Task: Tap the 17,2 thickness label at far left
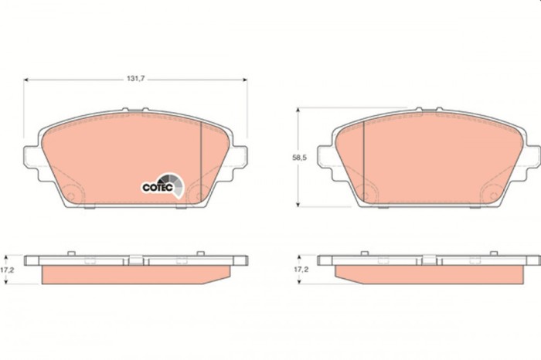click(x=9, y=270)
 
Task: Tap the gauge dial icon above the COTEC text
click(x=175, y=182)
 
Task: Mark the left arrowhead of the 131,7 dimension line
click(x=26, y=79)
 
